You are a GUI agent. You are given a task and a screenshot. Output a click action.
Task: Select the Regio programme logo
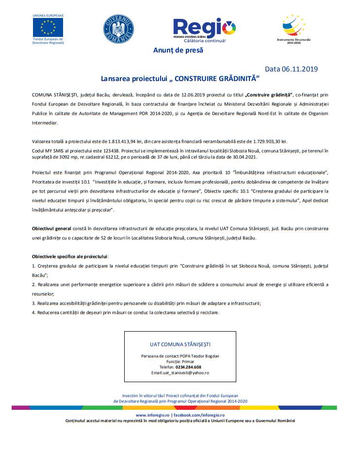(x=204, y=29)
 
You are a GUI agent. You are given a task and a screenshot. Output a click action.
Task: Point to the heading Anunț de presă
(x=178, y=50)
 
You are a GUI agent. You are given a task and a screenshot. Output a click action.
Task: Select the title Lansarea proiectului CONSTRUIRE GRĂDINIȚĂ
(x=180, y=78)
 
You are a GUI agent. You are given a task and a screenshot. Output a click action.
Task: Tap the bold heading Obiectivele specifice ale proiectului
(x=70, y=256)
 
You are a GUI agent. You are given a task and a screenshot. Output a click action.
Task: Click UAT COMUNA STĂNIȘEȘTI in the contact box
(x=180, y=344)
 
